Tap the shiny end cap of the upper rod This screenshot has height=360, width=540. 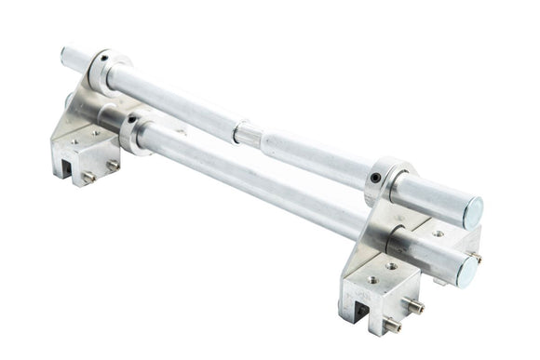[472, 212]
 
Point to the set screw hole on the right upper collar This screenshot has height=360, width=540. [374, 177]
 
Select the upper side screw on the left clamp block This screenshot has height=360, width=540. [113, 164]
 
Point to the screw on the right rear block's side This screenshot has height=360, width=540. [475, 257]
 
